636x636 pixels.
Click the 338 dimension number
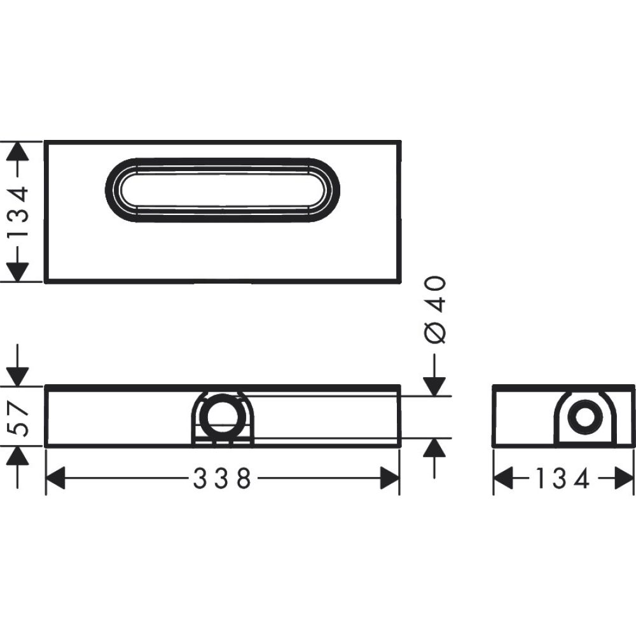pyautogui.click(x=222, y=478)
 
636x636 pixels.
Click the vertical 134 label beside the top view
pyautogui.click(x=19, y=211)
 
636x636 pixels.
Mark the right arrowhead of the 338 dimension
pyautogui.click(x=389, y=478)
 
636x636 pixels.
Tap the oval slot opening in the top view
pyautogui.click(x=222, y=190)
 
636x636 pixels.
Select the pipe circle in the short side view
pyautogui.click(x=584, y=417)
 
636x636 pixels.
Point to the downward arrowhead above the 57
pyautogui.click(x=19, y=375)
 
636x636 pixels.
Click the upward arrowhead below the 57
pyautogui.click(x=19, y=457)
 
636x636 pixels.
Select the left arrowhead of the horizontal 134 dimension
pyautogui.click(x=504, y=478)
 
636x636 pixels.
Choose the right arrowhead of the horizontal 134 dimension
pyautogui.click(x=625, y=478)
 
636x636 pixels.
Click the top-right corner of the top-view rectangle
pyautogui.click(x=400, y=142)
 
